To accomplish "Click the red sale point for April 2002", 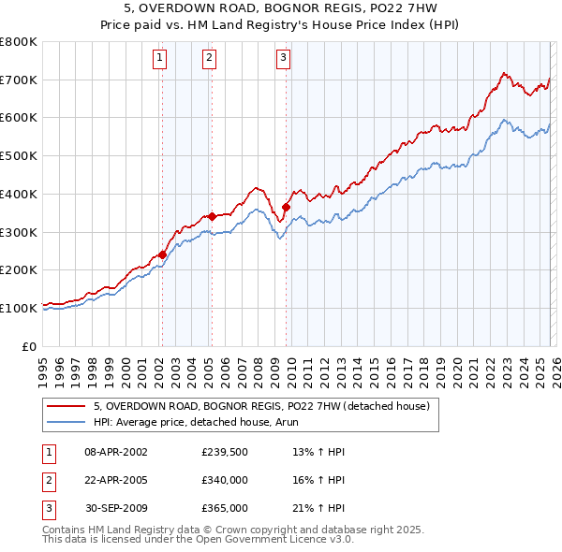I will pos(162,254).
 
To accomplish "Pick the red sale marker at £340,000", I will pos(212,216).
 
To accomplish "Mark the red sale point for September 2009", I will pos(286,207).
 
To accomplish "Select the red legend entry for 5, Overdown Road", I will pos(261,406).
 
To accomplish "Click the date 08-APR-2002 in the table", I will pos(116,452).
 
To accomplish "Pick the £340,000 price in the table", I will pos(225,480).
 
